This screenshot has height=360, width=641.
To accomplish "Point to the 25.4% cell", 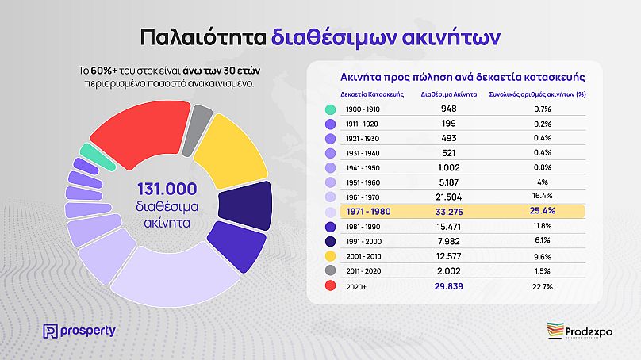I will pyautogui.click(x=543, y=212).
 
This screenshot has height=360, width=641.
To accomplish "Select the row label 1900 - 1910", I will pyautogui.click(x=364, y=109).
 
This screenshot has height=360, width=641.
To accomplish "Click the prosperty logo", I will pyautogui.click(x=79, y=330).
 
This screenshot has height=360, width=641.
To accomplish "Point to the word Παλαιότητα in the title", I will pyautogui.click(x=202, y=36).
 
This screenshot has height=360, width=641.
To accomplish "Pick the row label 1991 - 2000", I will pyautogui.click(x=364, y=241).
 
